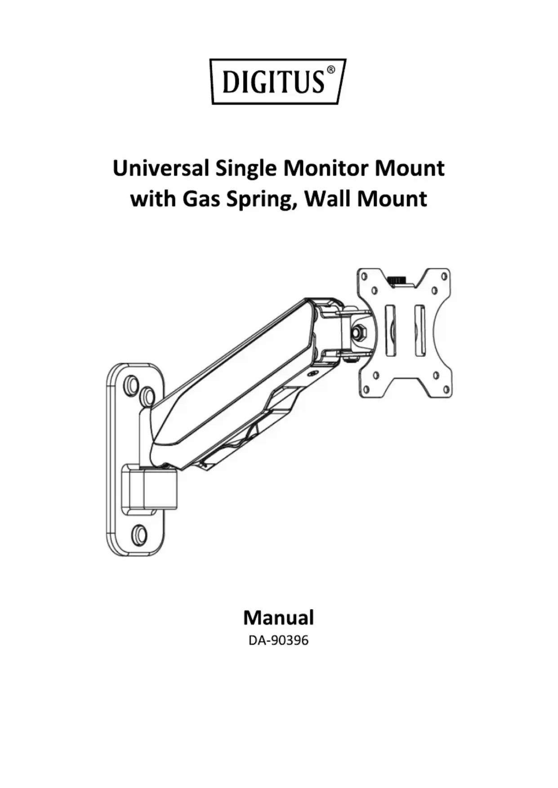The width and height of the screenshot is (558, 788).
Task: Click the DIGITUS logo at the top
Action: [x=278, y=81]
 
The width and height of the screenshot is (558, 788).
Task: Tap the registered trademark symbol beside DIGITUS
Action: [x=330, y=70]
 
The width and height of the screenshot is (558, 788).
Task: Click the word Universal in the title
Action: [x=161, y=168]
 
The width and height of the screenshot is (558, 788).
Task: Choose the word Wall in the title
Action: [x=328, y=199]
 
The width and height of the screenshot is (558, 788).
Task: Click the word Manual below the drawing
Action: [x=278, y=618]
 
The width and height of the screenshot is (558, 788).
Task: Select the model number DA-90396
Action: [x=278, y=640]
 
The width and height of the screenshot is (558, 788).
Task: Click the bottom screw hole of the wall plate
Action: [x=139, y=535]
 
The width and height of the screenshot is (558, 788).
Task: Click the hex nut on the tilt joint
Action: [x=360, y=333]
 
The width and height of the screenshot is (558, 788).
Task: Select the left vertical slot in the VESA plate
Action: [x=390, y=330]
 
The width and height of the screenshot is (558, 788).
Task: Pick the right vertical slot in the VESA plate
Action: [x=419, y=330]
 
